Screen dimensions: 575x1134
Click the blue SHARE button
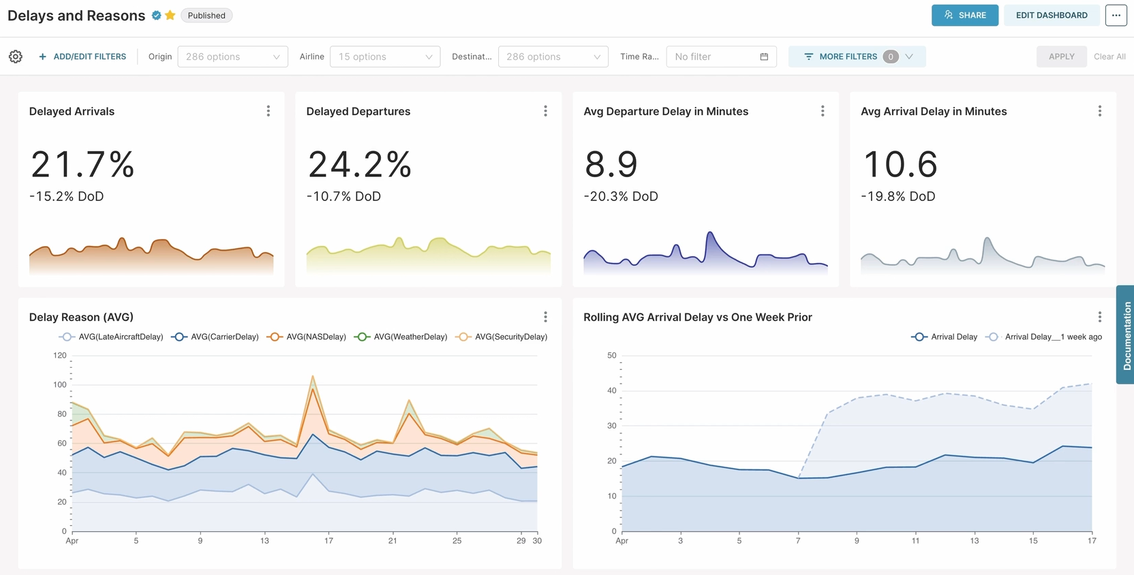point(964,15)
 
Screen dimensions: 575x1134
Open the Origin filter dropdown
point(232,57)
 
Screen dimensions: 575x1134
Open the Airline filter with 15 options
point(384,57)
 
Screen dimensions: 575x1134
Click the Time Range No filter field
point(720,57)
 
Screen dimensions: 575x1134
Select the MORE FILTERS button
point(856,57)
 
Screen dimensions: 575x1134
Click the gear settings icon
point(16,57)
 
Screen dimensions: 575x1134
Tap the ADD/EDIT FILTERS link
point(82,57)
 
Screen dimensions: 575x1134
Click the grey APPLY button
point(1061,57)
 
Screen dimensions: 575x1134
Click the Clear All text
point(1109,57)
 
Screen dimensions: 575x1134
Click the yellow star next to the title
point(170,15)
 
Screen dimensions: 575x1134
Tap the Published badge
point(206,15)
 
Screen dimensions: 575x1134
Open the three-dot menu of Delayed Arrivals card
point(269,111)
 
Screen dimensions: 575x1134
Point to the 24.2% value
point(359,164)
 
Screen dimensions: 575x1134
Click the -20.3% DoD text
point(620,196)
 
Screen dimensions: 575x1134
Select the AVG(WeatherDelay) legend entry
point(401,337)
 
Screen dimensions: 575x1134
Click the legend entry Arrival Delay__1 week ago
point(1044,337)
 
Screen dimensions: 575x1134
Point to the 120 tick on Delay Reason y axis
point(60,355)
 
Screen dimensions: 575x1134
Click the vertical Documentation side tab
point(1126,335)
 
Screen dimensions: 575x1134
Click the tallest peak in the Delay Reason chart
point(313,376)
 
